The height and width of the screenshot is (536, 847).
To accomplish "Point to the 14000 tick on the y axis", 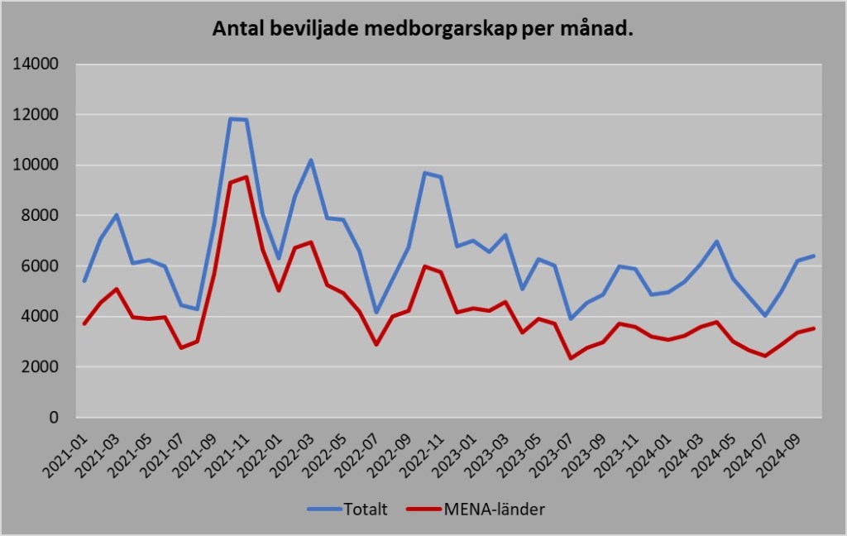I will point(36,65).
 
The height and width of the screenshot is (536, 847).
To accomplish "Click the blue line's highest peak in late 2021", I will point(231,118).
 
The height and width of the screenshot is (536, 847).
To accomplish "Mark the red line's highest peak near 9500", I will point(246,177).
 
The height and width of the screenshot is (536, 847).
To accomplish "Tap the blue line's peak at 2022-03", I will point(311,160).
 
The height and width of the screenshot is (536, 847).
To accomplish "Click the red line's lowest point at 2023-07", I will point(571,358).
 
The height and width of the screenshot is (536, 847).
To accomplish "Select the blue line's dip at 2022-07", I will point(376,313).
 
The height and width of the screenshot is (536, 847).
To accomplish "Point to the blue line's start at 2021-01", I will point(84,281).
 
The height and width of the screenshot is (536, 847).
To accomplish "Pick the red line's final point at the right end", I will point(814,328).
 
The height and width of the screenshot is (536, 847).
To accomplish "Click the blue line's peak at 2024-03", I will point(716,242).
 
